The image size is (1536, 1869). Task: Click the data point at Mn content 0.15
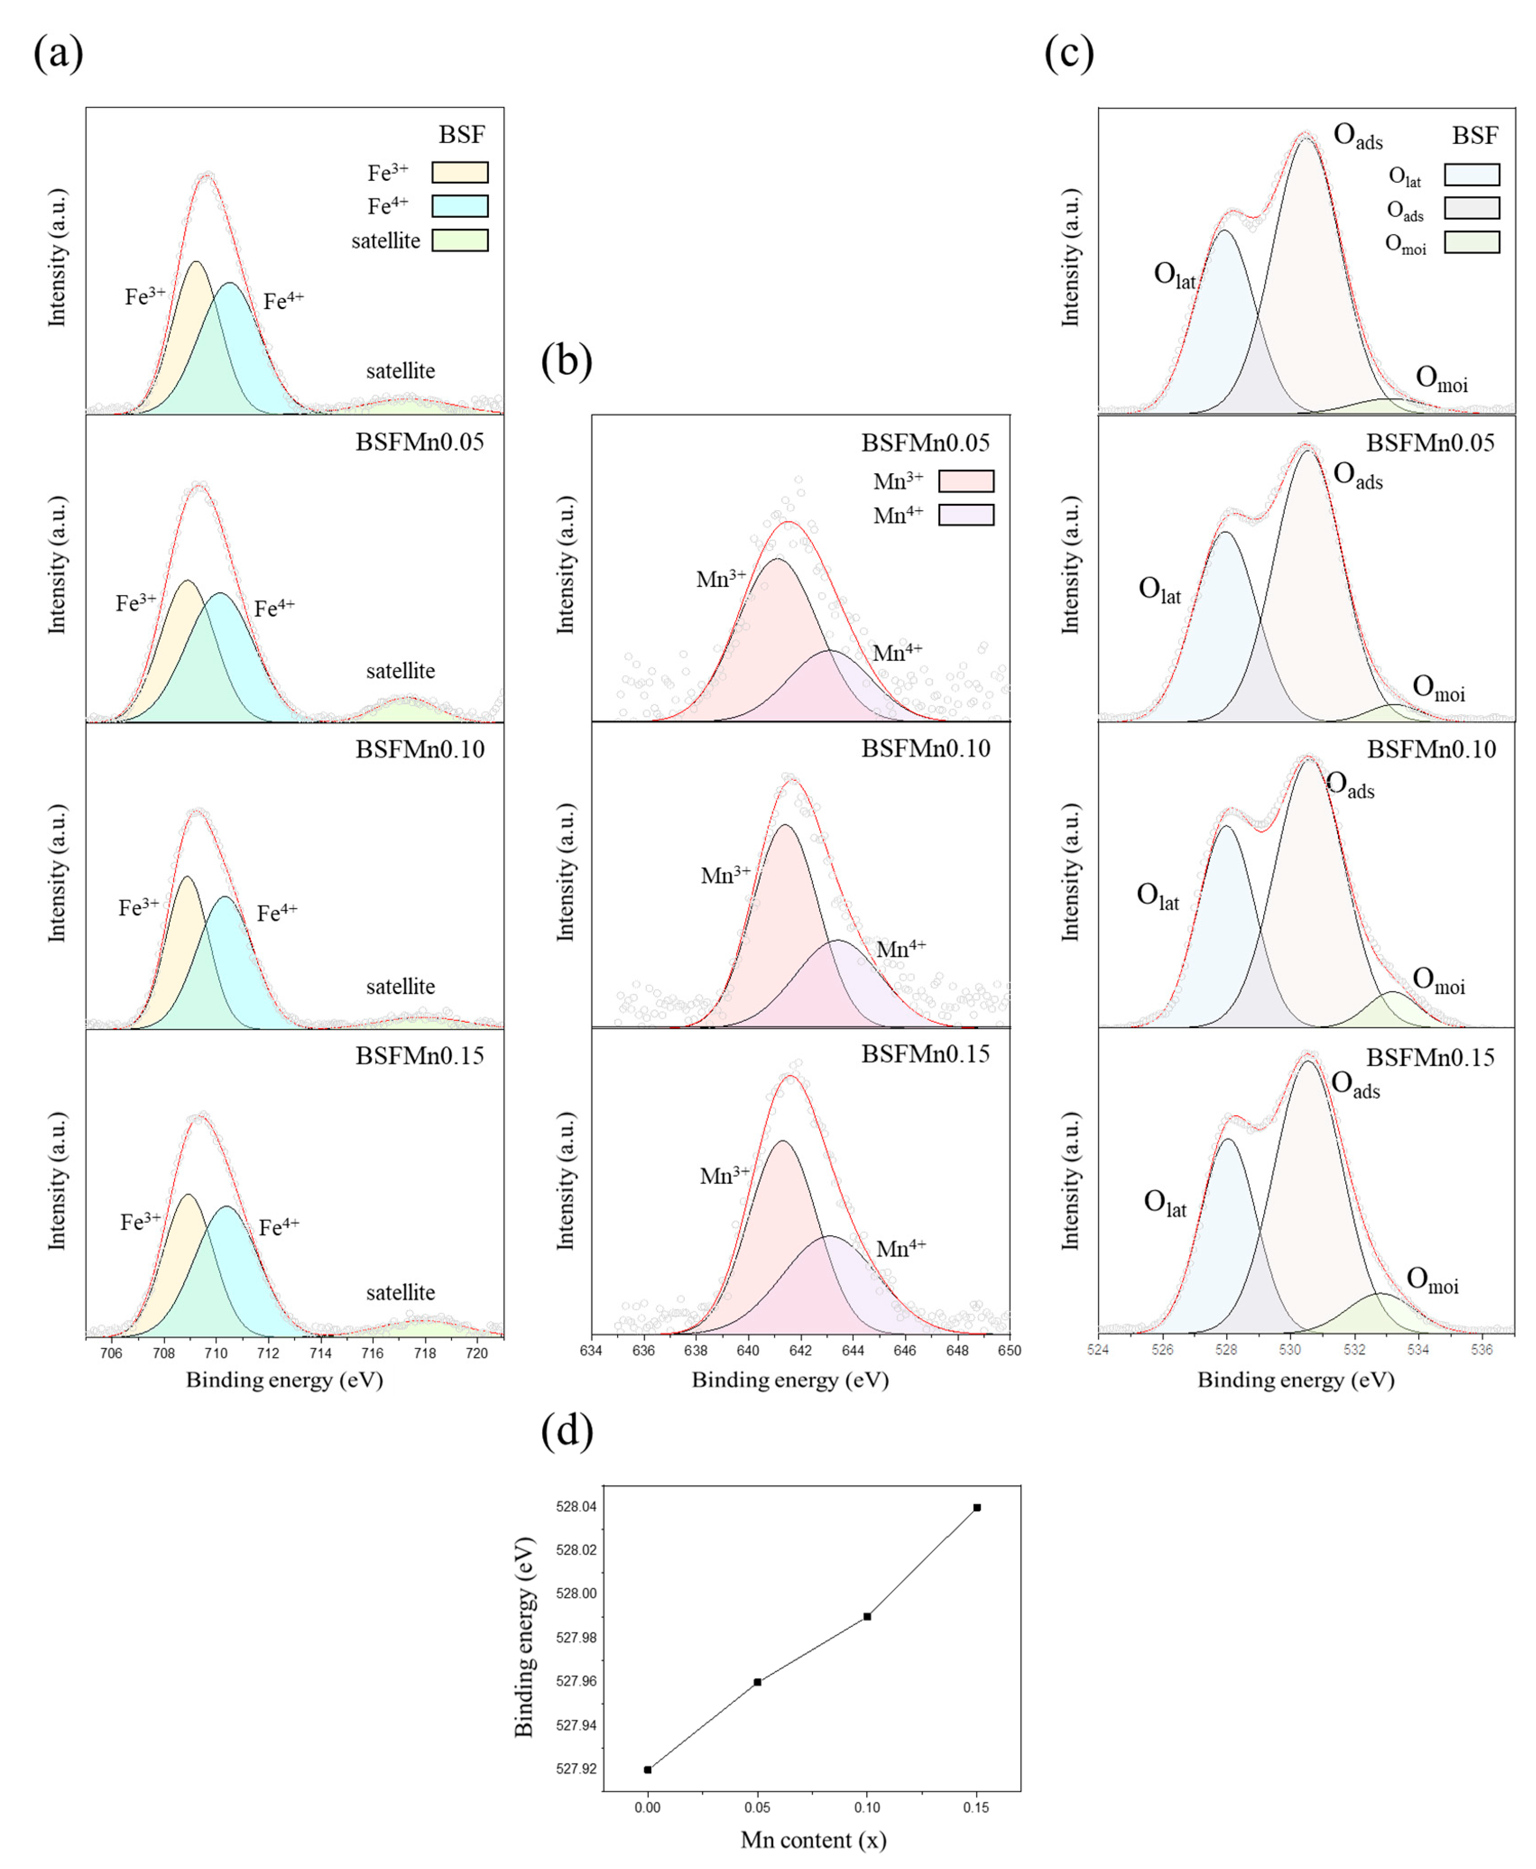tap(977, 1507)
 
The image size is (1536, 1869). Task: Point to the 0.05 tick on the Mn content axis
tap(757, 1807)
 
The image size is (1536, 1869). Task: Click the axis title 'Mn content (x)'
tap(813, 1840)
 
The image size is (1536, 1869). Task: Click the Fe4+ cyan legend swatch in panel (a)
tap(460, 206)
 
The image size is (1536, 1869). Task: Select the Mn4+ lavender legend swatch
tap(966, 515)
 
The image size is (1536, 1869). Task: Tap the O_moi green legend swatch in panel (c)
tap(1472, 242)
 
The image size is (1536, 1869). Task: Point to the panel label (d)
tap(566, 1430)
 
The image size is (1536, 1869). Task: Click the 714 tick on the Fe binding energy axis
tap(320, 1353)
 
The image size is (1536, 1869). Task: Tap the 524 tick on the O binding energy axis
tap(1098, 1350)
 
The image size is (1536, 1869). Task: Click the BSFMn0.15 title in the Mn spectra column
tap(926, 1054)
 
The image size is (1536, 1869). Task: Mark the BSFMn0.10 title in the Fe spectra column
tap(420, 750)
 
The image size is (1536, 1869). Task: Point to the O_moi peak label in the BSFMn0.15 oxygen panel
tap(1433, 1280)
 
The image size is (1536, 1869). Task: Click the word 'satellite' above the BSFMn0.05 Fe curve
tap(401, 671)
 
